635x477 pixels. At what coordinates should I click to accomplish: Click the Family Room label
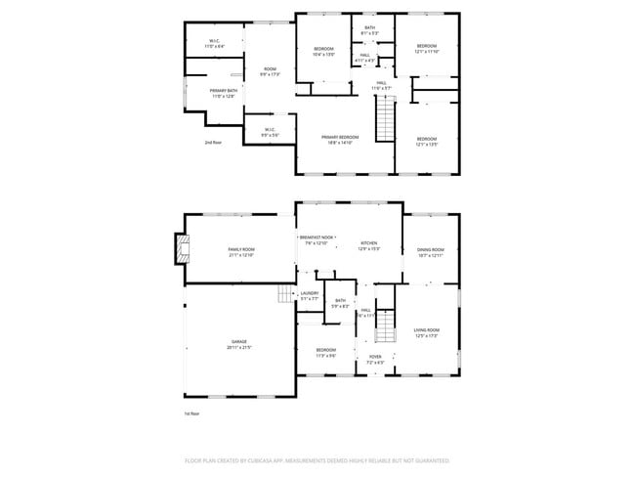(x=241, y=251)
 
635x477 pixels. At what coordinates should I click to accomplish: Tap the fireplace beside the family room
(x=179, y=249)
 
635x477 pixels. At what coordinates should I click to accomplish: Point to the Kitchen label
(x=368, y=244)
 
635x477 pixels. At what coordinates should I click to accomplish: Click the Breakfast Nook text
(x=321, y=238)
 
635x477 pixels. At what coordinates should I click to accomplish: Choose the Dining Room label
(x=431, y=251)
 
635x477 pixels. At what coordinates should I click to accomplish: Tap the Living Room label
(x=427, y=331)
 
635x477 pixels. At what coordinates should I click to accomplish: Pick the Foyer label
(x=375, y=358)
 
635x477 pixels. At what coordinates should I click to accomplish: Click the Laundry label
(x=310, y=293)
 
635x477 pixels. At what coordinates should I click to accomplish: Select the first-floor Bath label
(x=340, y=301)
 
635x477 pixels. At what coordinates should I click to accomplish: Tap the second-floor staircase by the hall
(x=385, y=122)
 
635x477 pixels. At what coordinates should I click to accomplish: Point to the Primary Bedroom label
(x=340, y=138)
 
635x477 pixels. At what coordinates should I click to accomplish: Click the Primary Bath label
(x=223, y=91)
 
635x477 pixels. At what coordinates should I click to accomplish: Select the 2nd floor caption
(x=213, y=143)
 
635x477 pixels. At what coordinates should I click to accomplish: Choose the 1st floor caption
(x=191, y=413)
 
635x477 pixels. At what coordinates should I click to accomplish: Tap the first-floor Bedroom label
(x=325, y=350)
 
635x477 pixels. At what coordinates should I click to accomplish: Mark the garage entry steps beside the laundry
(x=285, y=294)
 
